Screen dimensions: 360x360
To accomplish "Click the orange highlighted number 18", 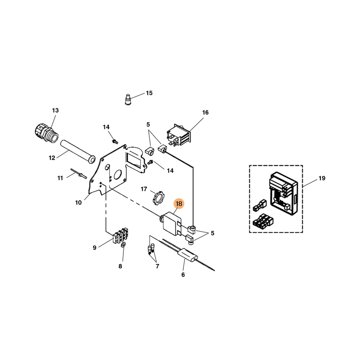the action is (x=179, y=204).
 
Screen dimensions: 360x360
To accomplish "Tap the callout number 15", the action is (x=149, y=93).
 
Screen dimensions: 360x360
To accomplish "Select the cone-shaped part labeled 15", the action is (x=128, y=99).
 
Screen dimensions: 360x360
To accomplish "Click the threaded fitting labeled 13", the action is (x=45, y=133).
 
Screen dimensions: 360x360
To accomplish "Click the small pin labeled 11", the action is (x=79, y=173).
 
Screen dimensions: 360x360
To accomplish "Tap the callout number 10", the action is (x=78, y=202).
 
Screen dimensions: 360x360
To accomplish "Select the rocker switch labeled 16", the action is (x=179, y=135).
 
